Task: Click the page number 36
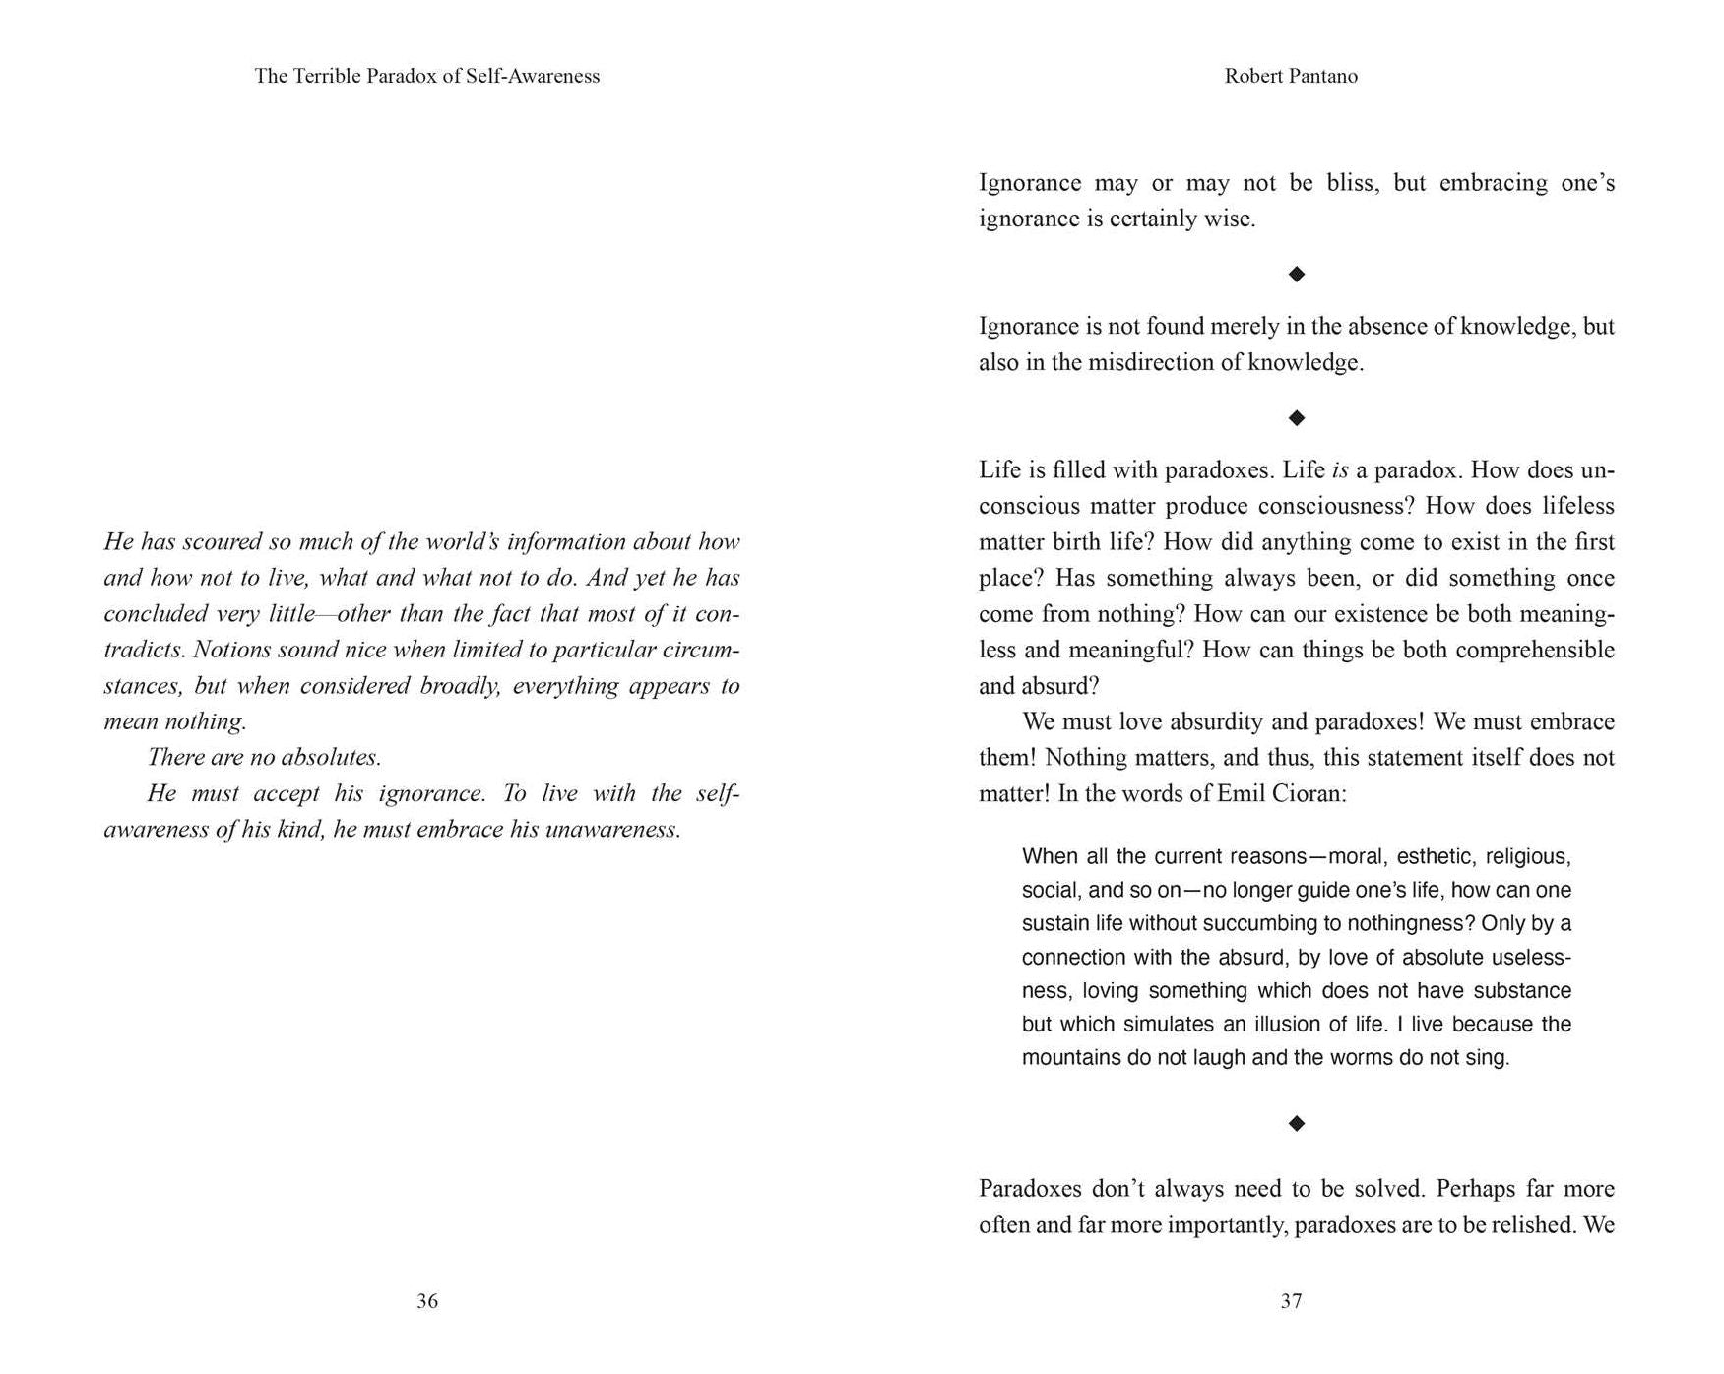tap(426, 1301)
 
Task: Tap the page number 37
tap(1291, 1301)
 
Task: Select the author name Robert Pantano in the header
tap(1291, 76)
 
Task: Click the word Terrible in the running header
tap(326, 76)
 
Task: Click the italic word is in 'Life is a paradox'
tap(1339, 470)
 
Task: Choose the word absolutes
tap(331, 758)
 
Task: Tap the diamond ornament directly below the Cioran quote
tap(1297, 1123)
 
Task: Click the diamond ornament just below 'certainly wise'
tap(1297, 274)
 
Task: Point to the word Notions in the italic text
tap(231, 651)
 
